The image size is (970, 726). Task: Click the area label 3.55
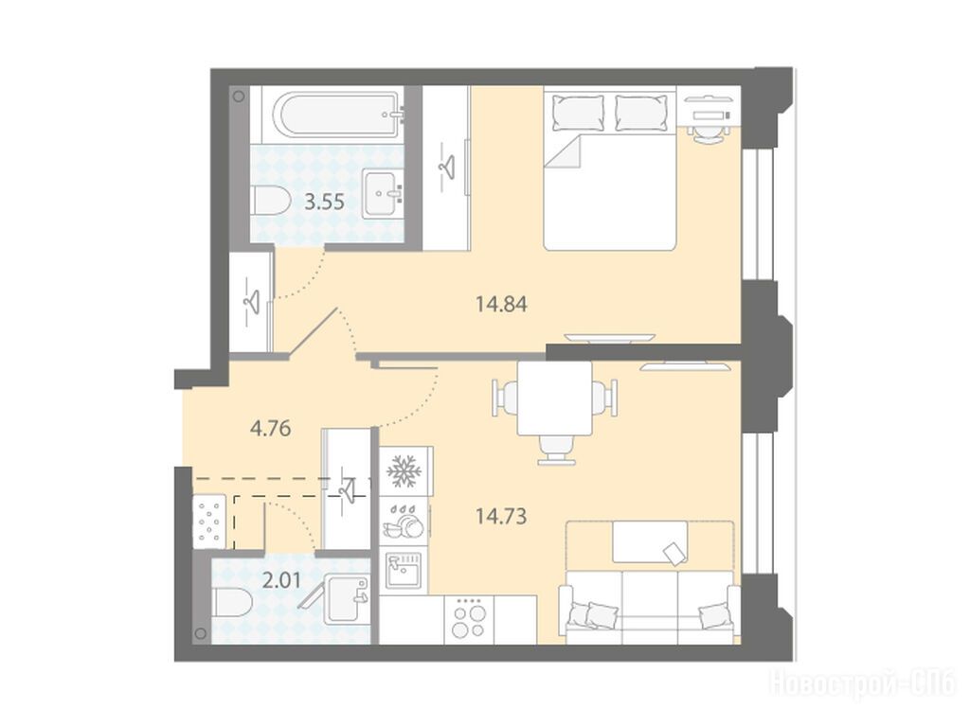(326, 203)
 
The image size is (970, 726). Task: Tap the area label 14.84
(501, 304)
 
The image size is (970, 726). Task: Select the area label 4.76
(270, 428)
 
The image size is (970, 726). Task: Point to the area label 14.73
(501, 515)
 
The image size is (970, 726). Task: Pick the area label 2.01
(281, 580)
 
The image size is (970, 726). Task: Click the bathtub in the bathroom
(333, 117)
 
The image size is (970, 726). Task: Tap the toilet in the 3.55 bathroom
(271, 201)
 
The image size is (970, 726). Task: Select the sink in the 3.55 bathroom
(383, 194)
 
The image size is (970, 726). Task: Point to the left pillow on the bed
(578, 112)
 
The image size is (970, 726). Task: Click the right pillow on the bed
(643, 112)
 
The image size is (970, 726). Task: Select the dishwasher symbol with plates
(404, 521)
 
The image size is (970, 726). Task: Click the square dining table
(554, 398)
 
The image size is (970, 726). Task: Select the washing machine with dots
(208, 522)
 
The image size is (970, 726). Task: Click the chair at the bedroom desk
(707, 132)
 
